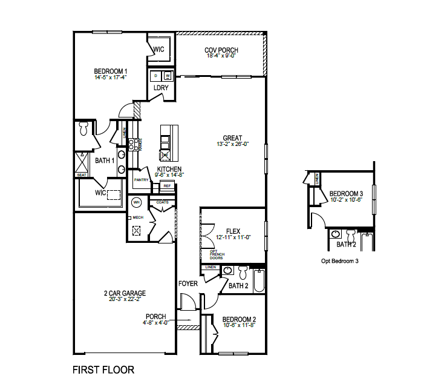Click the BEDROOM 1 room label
[x=110, y=71]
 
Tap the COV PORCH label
[x=221, y=50]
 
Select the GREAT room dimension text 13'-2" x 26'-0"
[x=233, y=144]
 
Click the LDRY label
[x=161, y=88]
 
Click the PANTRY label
[x=142, y=180]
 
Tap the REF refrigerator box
[x=168, y=186]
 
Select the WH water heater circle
[x=137, y=202]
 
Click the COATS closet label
[x=162, y=202]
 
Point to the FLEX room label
[x=233, y=231]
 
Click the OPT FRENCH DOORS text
[x=217, y=254]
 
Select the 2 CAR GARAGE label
[x=125, y=293]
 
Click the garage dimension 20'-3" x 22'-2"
[x=125, y=299]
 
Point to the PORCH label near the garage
[x=155, y=316]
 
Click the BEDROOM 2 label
[x=239, y=320]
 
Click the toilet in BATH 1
[x=84, y=127]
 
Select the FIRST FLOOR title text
[x=103, y=369]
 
